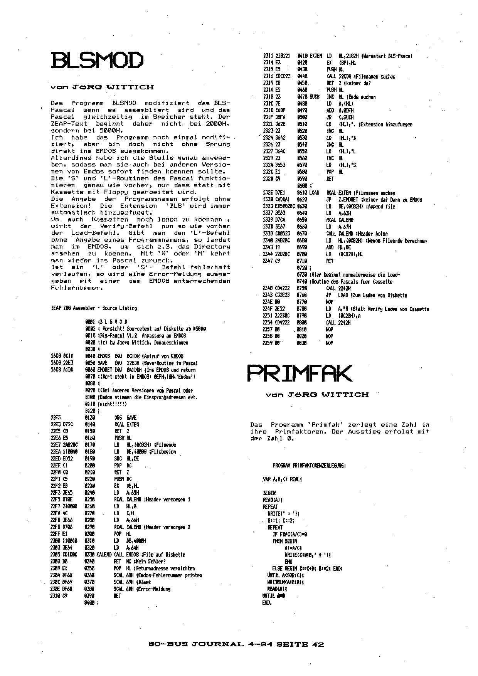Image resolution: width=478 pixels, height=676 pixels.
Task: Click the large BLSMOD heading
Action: click(97, 60)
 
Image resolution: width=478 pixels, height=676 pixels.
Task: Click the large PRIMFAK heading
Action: click(299, 373)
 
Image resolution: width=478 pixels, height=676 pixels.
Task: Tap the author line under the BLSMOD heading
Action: click(102, 87)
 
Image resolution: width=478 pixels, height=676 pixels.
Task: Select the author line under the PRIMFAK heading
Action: click(317, 395)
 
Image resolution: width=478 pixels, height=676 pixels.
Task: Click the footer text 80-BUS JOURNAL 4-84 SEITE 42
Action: click(236, 644)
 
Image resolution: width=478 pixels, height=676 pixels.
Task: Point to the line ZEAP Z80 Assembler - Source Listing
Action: click(94, 308)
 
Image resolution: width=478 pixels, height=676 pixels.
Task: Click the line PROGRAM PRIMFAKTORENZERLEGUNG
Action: click(309, 466)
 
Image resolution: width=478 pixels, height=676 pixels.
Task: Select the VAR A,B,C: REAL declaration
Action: click(283, 479)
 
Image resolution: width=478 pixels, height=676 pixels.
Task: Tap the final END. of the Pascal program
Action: click(267, 603)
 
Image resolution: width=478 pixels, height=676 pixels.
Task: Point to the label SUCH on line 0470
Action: click(315, 97)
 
